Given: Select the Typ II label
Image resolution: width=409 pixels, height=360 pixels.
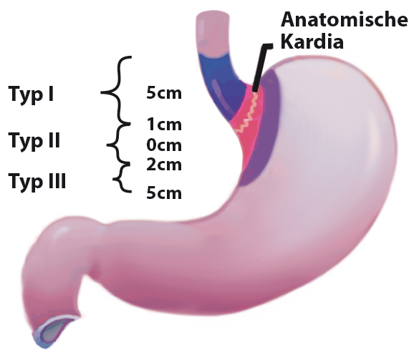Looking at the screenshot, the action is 34,142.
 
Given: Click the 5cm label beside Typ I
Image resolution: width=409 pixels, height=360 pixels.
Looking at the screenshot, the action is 164,93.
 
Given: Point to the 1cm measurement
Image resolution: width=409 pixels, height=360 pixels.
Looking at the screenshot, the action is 164,125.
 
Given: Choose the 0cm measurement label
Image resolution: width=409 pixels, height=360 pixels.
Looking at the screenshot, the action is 164,145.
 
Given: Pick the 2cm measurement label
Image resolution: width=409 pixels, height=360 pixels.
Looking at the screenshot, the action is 164,165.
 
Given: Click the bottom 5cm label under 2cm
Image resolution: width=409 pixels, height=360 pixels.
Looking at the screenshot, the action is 164,193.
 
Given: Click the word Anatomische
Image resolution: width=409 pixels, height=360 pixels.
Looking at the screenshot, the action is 344,19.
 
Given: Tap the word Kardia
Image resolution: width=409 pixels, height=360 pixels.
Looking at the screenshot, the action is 312,41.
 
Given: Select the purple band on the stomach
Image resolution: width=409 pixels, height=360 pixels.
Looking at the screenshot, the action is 264,128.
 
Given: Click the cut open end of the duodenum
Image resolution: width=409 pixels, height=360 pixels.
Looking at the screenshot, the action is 55,332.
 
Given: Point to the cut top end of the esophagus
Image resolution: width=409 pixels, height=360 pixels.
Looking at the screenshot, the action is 213,16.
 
